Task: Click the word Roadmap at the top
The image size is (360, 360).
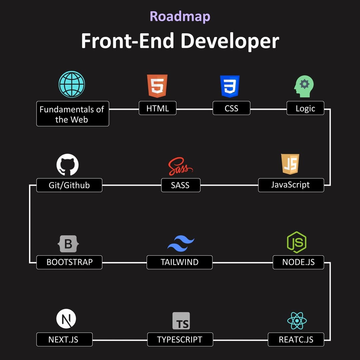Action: click(x=180, y=16)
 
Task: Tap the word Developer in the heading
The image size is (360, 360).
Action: click(x=229, y=41)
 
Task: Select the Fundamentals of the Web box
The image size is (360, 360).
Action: click(x=73, y=114)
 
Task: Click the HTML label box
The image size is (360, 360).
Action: click(x=157, y=108)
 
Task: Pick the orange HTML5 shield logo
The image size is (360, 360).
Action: click(x=157, y=86)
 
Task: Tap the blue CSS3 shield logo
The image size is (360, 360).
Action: click(x=230, y=86)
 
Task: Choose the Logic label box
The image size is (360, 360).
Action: click(x=305, y=108)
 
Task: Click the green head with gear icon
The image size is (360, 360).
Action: click(x=304, y=86)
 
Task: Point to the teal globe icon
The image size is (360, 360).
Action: click(x=72, y=84)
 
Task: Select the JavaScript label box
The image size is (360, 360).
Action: click(x=291, y=185)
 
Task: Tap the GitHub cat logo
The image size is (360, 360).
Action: click(x=68, y=165)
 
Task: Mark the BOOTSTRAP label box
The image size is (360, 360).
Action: click(x=69, y=262)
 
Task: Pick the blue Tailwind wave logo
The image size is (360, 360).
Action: click(x=181, y=244)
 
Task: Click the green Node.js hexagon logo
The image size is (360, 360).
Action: click(x=296, y=242)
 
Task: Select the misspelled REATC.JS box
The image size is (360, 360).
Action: click(x=296, y=340)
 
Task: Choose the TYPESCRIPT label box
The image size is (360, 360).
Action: click(x=180, y=340)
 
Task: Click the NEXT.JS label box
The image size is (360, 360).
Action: click(x=64, y=340)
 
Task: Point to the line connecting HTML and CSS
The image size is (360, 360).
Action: click(x=194, y=109)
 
